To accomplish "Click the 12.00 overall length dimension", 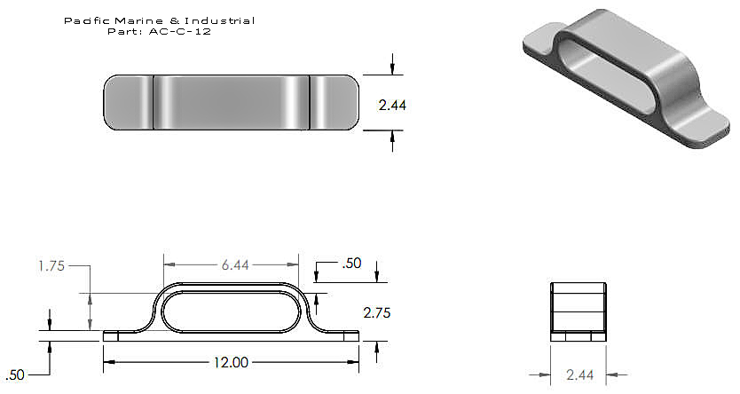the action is click(231, 362).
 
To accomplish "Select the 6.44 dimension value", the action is click(235, 265).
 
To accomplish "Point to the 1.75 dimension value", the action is click(51, 266).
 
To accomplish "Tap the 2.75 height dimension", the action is click(376, 313).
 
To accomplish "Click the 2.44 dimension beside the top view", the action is click(392, 105).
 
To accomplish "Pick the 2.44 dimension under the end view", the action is click(579, 374).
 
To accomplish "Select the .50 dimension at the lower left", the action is click(14, 374).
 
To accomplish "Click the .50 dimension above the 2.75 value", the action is click(351, 263).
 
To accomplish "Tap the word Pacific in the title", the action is click(87, 20).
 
